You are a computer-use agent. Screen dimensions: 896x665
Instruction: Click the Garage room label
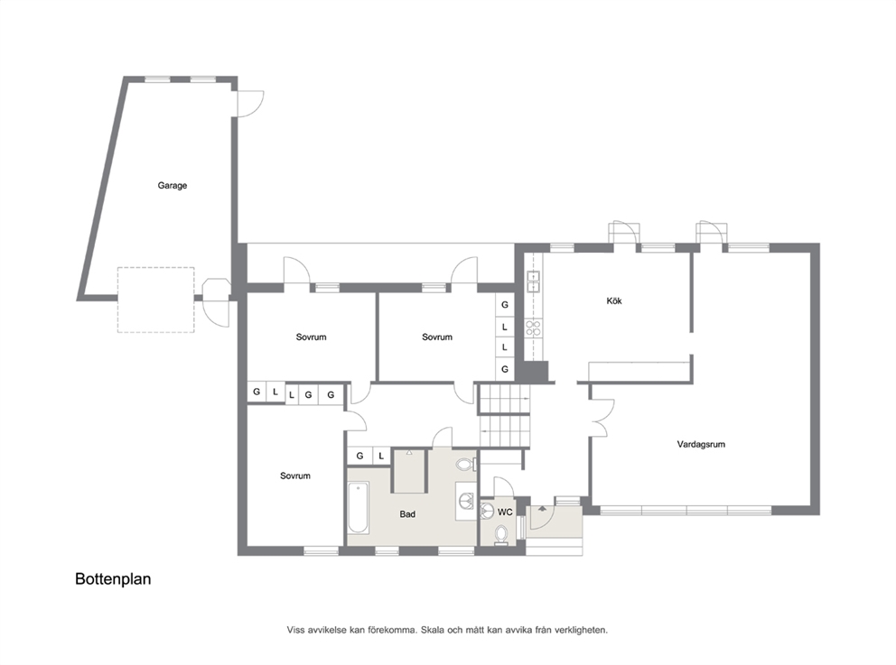coord(172,186)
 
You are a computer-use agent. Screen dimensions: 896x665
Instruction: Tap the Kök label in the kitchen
coord(613,300)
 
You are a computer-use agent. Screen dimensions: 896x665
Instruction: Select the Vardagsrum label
coord(701,444)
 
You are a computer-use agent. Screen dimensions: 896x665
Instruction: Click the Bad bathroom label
coord(407,514)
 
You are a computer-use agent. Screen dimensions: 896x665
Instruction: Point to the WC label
coord(505,512)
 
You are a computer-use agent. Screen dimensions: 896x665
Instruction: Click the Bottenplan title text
coord(113,578)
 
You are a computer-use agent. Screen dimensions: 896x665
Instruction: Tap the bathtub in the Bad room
coord(359,508)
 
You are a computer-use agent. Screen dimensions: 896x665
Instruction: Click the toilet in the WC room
coord(501,535)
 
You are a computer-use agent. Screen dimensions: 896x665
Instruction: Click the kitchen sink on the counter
coord(533,281)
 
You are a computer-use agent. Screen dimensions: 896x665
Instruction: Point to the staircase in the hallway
coord(505,416)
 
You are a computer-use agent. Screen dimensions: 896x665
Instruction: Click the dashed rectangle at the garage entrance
coord(156,300)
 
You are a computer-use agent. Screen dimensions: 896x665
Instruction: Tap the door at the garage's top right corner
coord(249,104)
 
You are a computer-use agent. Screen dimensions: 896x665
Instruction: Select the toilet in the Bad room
coord(466,464)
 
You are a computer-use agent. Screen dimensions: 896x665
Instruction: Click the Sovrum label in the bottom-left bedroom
coord(294,476)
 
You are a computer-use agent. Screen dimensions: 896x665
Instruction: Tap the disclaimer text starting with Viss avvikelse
coord(447,630)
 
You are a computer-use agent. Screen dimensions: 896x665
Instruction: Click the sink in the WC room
coord(487,511)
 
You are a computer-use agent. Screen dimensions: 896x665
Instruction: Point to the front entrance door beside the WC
coord(540,517)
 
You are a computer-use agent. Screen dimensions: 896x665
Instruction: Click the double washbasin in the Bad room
coord(466,501)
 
